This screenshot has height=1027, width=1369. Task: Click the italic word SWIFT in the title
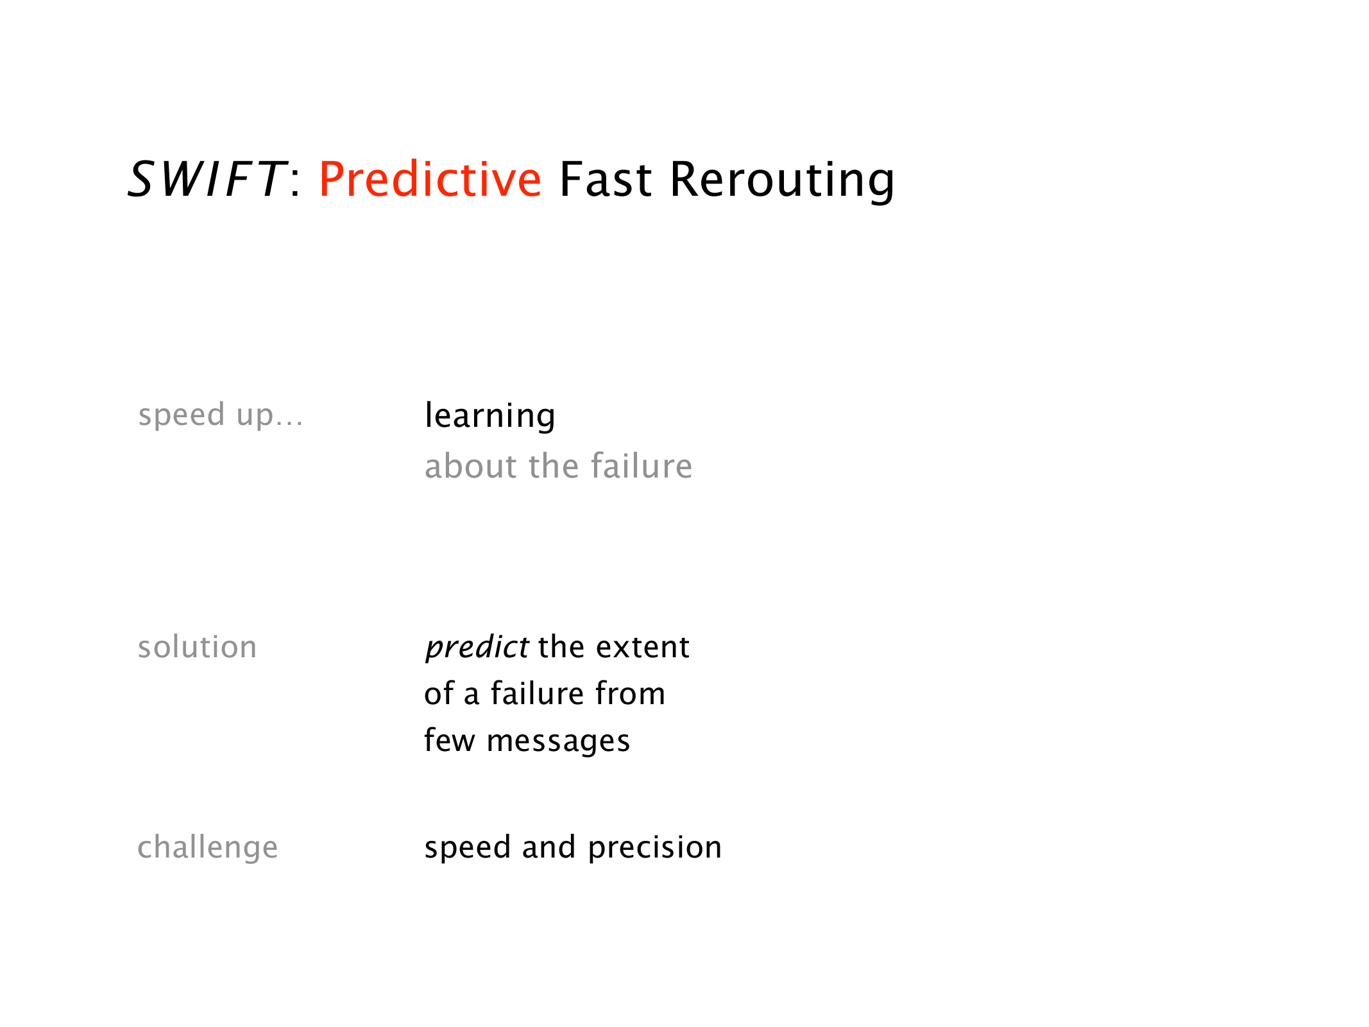(x=207, y=179)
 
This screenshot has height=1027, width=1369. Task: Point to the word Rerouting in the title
(x=782, y=181)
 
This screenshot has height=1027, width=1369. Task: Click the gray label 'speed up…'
(x=221, y=415)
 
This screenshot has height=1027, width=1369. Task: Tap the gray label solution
(x=197, y=647)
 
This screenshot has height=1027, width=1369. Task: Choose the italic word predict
(x=477, y=648)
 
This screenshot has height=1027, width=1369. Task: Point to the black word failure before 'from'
(x=538, y=693)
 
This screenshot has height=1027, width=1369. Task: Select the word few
(x=450, y=740)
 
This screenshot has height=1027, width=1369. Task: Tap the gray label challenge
(x=208, y=848)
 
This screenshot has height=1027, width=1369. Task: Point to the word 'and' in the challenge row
(x=549, y=847)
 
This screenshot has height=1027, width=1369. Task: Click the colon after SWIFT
(x=295, y=182)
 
